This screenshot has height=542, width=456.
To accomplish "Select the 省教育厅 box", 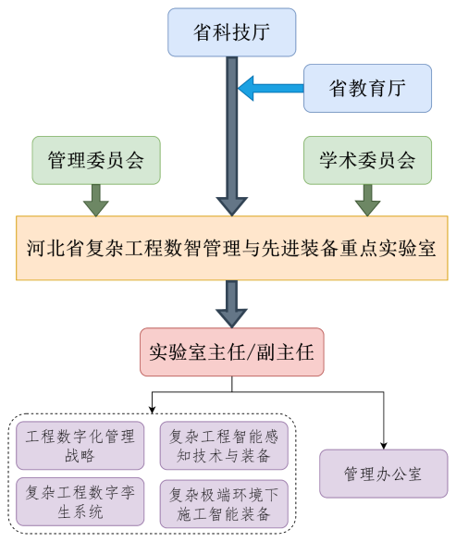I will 368,88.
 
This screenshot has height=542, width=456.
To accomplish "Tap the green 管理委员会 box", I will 96,160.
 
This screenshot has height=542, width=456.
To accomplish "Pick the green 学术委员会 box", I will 368,160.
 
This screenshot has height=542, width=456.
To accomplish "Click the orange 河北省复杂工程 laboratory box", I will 231,248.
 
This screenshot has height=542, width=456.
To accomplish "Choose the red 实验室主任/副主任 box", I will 232,351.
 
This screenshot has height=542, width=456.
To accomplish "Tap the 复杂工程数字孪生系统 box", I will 80,501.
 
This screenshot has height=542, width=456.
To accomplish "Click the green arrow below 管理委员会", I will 95,198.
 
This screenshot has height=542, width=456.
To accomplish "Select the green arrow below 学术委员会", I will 368,198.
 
